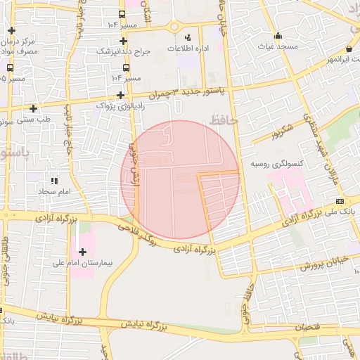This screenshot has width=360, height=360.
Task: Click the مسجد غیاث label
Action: coord(278,46)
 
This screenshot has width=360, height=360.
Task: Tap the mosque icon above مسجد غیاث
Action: coord(278,36)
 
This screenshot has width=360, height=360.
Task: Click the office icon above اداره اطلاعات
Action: coord(187,37)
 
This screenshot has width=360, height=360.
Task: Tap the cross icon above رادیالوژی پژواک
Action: coord(120,95)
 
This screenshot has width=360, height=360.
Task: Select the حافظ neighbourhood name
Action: coord(224,122)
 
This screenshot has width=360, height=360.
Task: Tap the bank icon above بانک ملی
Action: coord(340,200)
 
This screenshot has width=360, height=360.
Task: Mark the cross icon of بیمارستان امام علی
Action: coord(82,252)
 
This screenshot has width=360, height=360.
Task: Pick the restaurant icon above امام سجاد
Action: coord(54,181)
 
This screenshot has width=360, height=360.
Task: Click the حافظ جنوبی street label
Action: coord(245,299)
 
